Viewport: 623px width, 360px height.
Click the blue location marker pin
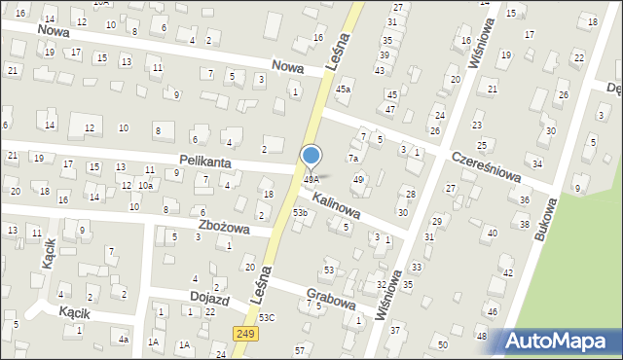pyautogui.click(x=311, y=157)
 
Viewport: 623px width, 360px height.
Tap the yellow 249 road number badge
pyautogui.click(x=245, y=334)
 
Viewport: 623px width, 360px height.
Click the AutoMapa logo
pyautogui.click(x=558, y=342)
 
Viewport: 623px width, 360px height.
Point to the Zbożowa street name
pyautogui.click(x=223, y=228)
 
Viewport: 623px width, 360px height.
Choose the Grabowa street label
pyautogui.click(x=330, y=302)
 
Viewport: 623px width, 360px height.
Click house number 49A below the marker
pyautogui.click(x=311, y=179)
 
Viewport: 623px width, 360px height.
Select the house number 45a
pyautogui.click(x=343, y=90)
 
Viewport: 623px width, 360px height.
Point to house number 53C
pyautogui.click(x=267, y=317)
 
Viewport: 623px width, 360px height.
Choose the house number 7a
pyautogui.click(x=354, y=158)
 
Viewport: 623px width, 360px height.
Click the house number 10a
pyautogui.click(x=145, y=185)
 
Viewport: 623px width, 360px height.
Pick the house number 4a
pyautogui.click(x=123, y=340)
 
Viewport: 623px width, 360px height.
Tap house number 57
pyautogui.click(x=300, y=349)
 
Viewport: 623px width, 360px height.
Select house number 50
pyautogui.click(x=443, y=345)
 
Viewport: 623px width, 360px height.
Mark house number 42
pyautogui.click(x=507, y=273)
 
